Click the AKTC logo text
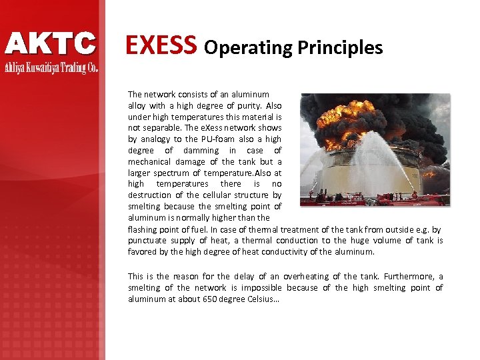click(x=51, y=44)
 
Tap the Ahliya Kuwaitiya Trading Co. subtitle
click(x=51, y=67)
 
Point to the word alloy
click(x=137, y=105)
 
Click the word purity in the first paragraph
click(x=247, y=105)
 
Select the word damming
click(x=201, y=151)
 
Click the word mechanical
click(x=151, y=162)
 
